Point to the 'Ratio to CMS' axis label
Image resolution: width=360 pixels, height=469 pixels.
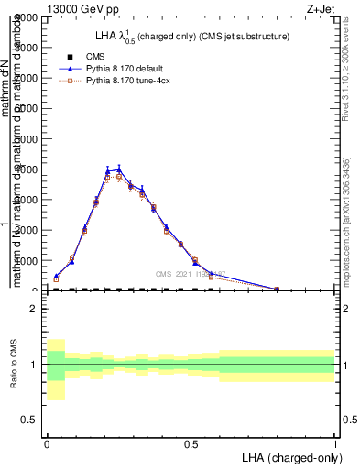click(11, 365)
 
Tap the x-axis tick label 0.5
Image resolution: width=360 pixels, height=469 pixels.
click(191, 443)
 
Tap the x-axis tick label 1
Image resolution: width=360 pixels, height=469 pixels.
click(334, 443)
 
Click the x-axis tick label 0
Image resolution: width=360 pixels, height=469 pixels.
click(47, 443)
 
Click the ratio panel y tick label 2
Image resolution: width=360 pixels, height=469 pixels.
click(33, 309)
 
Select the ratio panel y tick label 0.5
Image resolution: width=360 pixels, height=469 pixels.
click(28, 420)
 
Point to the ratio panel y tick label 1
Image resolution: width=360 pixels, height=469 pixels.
click(33, 365)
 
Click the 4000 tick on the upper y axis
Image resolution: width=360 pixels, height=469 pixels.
click(27, 169)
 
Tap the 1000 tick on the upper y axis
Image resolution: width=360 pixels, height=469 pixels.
click(27, 261)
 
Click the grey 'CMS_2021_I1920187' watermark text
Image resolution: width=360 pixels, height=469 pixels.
click(191, 273)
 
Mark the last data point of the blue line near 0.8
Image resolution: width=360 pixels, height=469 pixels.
click(277, 289)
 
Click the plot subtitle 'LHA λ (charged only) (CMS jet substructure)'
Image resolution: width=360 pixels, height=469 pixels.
click(192, 37)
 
